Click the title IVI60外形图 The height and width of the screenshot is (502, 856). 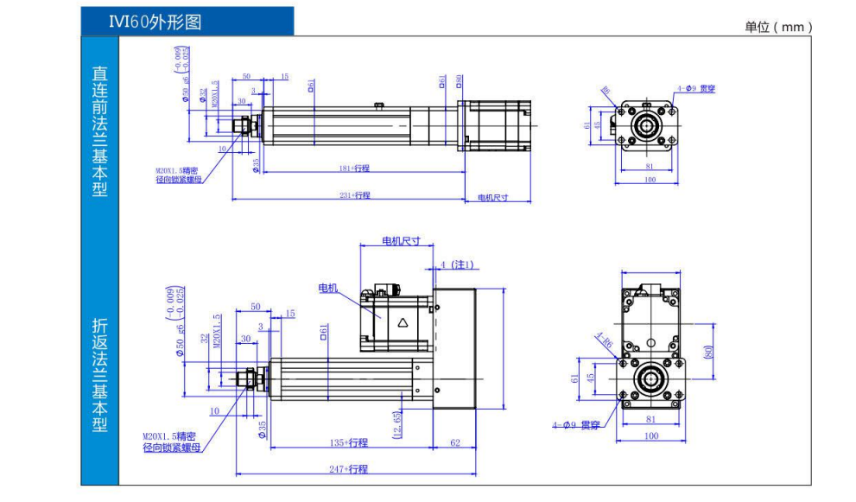(155, 22)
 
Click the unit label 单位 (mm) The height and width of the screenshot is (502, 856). (779, 27)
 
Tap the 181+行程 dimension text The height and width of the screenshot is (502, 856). (355, 168)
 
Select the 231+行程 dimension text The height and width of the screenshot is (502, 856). (354, 196)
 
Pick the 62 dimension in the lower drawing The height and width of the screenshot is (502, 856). (455, 442)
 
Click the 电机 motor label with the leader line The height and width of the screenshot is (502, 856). (328, 288)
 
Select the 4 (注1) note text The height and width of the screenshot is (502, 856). (457, 264)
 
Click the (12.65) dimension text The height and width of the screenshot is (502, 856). (396, 423)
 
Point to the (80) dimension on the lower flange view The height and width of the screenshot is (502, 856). (707, 353)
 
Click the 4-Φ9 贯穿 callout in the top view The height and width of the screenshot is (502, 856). (697, 87)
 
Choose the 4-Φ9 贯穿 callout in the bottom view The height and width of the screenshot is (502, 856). (576, 425)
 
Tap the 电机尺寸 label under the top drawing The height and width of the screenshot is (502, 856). (493, 198)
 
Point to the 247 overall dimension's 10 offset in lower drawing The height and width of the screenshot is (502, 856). (214, 411)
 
